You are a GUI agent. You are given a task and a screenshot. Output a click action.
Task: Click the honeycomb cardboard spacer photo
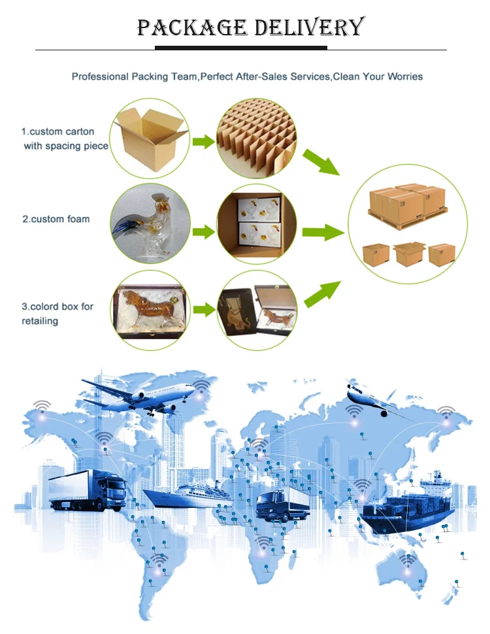tap(256, 139)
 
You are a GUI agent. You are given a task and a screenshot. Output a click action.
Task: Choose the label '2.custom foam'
tap(56, 219)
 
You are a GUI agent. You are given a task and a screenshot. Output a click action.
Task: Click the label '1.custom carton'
tap(57, 131)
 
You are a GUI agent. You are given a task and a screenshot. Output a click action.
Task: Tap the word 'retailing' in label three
tap(40, 321)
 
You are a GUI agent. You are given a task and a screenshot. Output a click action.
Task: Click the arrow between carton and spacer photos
tap(204, 141)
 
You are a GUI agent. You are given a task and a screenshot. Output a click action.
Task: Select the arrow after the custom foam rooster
tap(204, 230)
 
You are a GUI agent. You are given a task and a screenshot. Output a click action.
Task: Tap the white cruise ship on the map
tap(190, 495)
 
